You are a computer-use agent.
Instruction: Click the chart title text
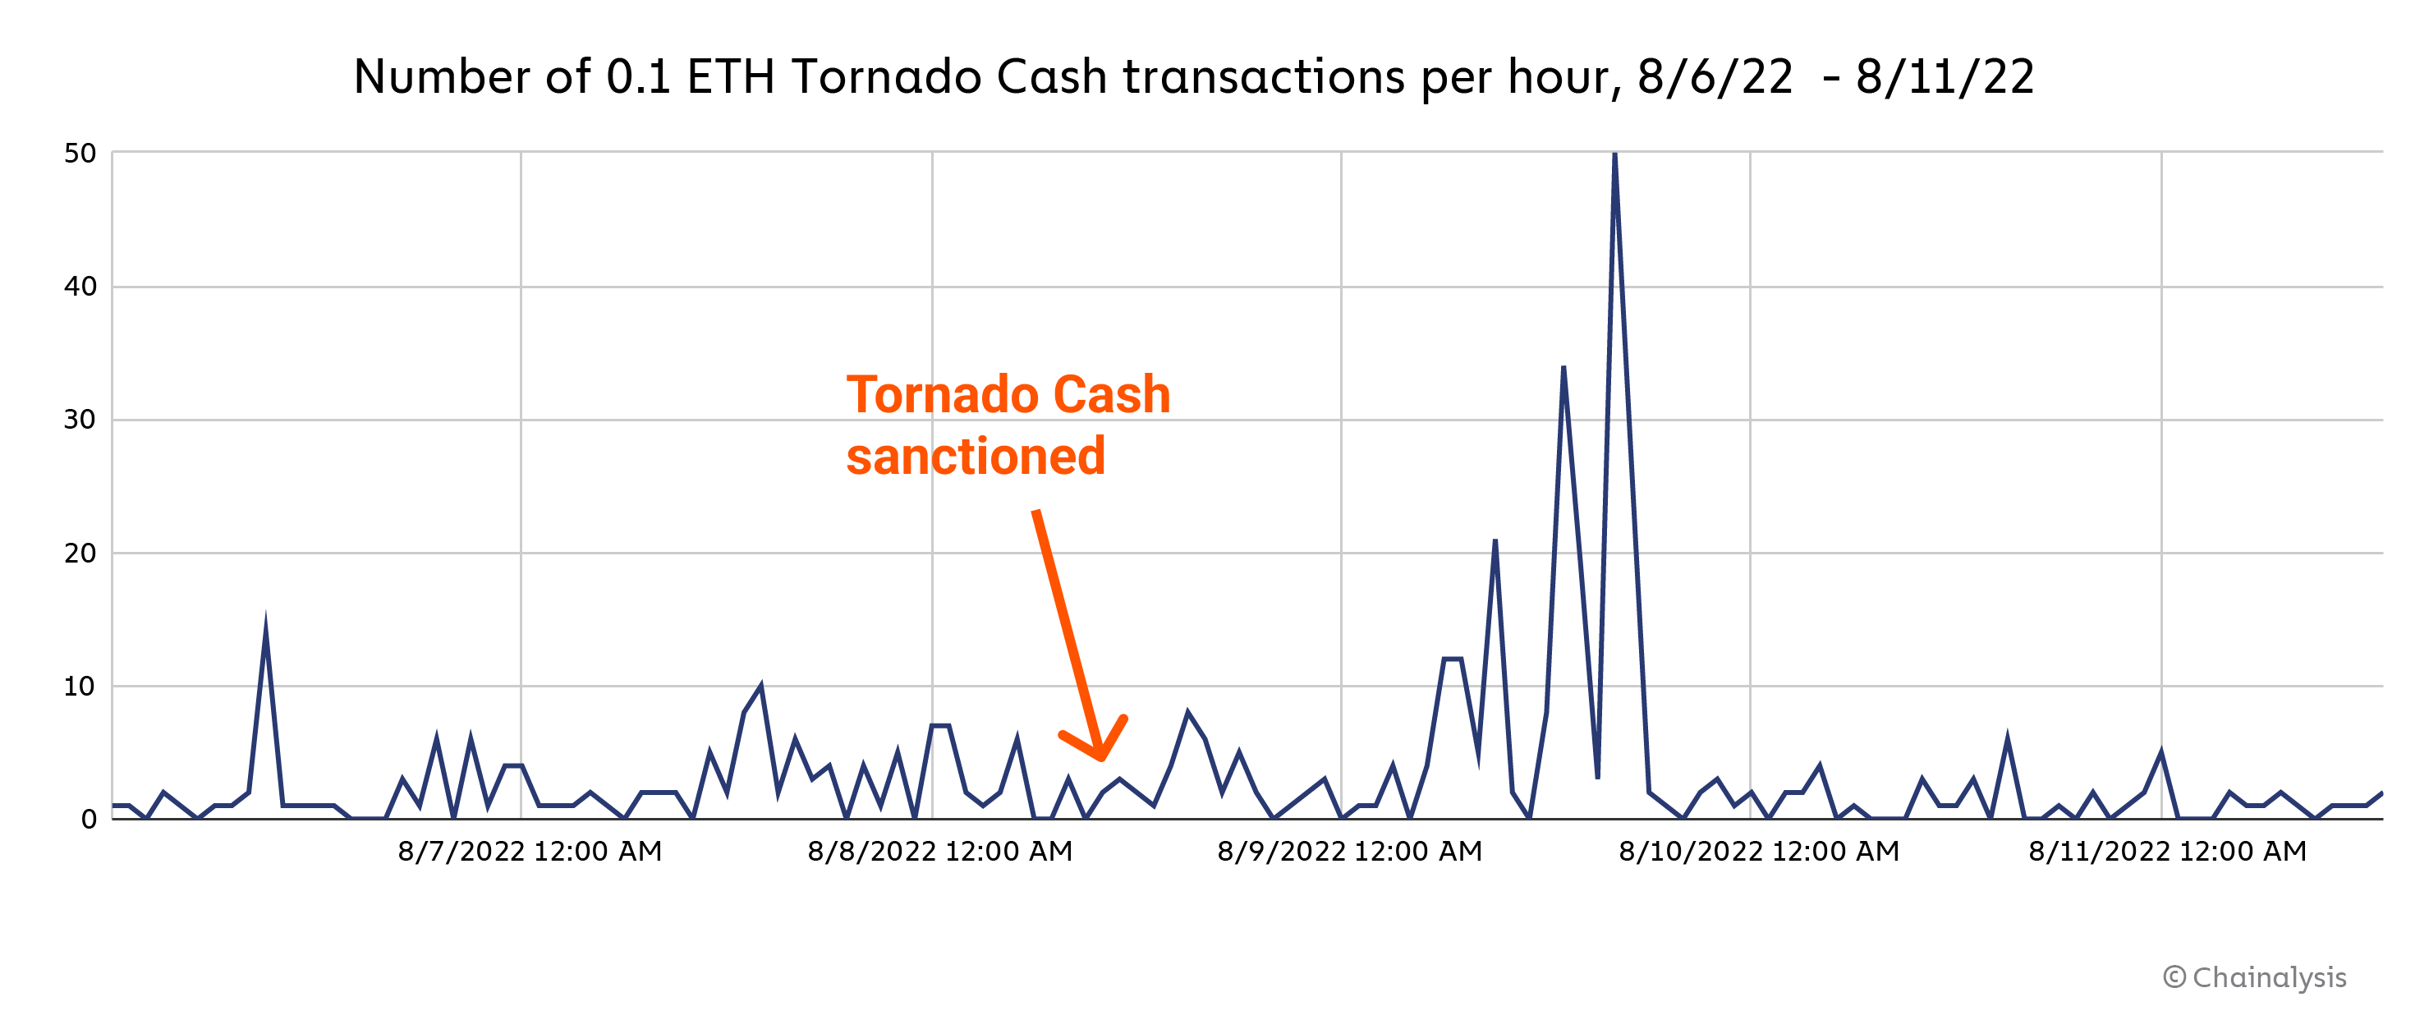click(1194, 77)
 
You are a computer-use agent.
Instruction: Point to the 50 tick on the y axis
click(80, 154)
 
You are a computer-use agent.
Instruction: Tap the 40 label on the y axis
click(80, 287)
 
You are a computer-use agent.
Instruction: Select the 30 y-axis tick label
click(80, 420)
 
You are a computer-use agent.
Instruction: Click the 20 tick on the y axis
click(80, 554)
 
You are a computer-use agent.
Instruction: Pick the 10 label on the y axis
click(80, 687)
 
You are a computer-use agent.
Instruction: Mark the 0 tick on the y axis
click(89, 820)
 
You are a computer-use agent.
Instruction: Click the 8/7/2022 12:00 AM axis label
click(530, 852)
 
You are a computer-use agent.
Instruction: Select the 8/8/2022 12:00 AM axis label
click(940, 852)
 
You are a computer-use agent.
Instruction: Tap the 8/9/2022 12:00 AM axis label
click(1349, 852)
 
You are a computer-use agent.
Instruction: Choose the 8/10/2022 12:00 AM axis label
click(1760, 852)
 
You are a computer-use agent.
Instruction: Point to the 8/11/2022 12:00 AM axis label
click(2168, 852)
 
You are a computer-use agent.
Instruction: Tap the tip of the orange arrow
click(1101, 757)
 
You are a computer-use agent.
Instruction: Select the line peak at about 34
click(1563, 368)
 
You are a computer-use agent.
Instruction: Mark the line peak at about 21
click(1495, 541)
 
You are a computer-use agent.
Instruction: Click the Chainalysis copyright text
click(2255, 977)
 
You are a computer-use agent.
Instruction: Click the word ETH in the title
click(731, 77)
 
